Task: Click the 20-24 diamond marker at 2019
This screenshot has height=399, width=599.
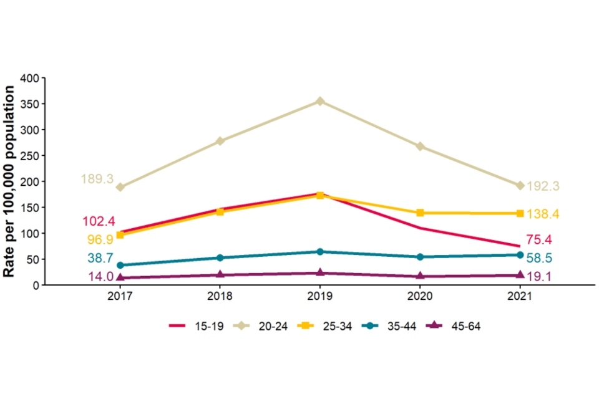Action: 320,101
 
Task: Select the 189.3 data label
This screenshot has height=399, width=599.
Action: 97,180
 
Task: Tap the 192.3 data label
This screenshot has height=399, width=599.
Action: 543,186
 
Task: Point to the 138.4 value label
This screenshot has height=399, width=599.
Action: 543,214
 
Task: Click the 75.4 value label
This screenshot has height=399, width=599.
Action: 538,240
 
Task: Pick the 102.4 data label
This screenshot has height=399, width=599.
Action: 99,221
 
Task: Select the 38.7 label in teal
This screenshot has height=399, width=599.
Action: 99,257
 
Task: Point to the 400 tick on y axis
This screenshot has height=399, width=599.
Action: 31,78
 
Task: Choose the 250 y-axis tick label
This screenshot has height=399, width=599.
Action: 31,156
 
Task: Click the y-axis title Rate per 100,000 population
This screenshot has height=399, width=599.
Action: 10,181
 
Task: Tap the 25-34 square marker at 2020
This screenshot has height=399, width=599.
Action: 420,213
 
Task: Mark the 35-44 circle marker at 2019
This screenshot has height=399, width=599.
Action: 320,252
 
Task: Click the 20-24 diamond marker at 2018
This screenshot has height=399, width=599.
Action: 220,141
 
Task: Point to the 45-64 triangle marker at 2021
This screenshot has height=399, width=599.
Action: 520,274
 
